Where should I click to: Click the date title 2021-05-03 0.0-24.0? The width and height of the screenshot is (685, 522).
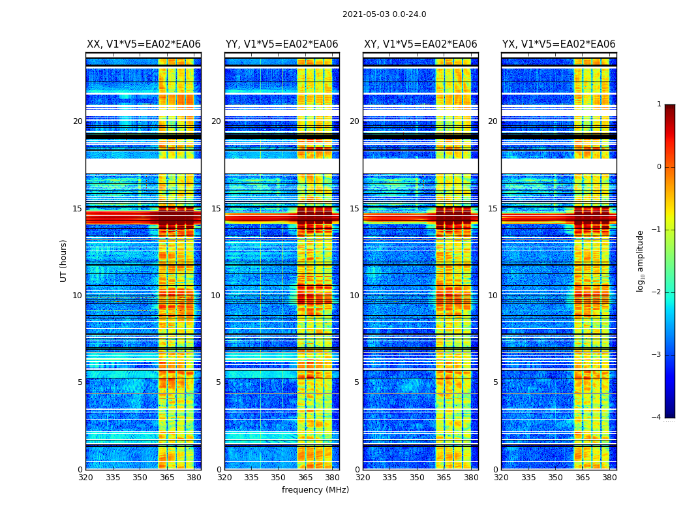tap(384, 14)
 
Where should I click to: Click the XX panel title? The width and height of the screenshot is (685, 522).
tap(144, 44)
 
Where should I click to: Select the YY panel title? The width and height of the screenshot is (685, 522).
tap(282, 44)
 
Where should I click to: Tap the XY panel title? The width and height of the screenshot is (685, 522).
tap(420, 44)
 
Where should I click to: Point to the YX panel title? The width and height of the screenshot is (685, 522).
tap(558, 44)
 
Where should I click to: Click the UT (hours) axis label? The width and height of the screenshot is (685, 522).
tap(64, 260)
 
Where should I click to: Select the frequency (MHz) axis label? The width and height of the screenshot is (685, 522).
tap(315, 490)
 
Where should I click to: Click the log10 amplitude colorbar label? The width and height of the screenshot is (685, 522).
tap(641, 260)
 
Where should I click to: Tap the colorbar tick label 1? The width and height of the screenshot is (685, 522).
tap(658, 104)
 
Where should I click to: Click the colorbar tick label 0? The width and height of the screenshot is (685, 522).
tap(658, 167)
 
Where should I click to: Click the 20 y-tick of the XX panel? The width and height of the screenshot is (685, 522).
tap(78, 121)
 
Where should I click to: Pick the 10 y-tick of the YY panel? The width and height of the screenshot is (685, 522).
tap(216, 296)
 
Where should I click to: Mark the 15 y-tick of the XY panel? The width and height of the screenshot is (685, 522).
tap(354, 209)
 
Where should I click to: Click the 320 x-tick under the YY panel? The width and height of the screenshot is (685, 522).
tap(224, 478)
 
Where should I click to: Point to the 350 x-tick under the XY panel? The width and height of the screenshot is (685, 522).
tap(417, 478)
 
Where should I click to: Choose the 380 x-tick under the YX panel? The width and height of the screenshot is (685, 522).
tap(609, 478)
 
